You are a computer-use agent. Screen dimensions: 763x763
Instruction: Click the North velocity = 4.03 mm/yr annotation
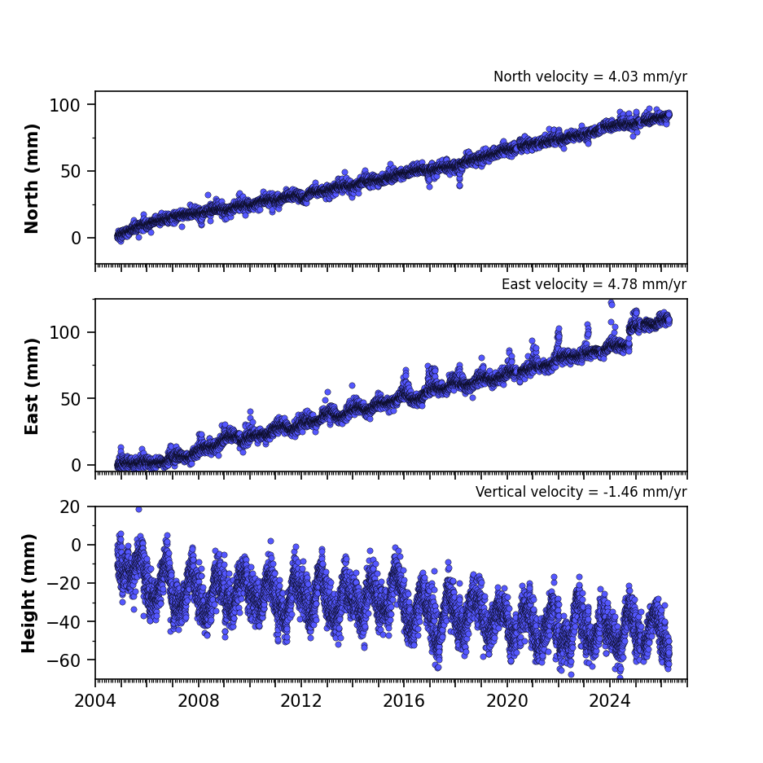(590, 77)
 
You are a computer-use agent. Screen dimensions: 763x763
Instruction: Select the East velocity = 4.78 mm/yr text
(594, 284)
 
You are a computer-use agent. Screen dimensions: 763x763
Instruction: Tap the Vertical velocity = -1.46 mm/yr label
(581, 492)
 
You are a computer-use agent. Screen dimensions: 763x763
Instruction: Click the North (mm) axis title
(31, 178)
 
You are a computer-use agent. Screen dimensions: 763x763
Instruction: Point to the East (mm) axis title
(31, 386)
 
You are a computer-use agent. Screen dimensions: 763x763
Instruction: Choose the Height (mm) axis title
(29, 593)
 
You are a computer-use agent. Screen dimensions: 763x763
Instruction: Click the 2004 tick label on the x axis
(95, 701)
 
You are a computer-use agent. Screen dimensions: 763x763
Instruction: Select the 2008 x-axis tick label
(199, 701)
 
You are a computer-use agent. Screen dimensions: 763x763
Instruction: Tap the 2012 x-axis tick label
(301, 701)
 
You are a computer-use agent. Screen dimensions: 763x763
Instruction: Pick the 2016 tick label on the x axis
(404, 701)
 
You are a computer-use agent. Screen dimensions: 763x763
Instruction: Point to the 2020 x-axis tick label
(507, 701)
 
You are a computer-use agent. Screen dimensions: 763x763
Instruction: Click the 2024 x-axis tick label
(610, 701)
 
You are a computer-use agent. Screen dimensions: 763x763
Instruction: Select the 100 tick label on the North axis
(65, 105)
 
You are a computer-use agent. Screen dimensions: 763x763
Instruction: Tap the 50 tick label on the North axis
(71, 171)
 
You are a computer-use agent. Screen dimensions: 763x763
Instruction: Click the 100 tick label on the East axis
(65, 333)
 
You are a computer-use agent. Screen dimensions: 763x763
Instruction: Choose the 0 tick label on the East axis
(76, 466)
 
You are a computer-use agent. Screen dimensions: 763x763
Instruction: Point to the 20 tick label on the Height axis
(70, 507)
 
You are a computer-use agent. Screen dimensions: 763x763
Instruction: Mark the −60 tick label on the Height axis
(64, 660)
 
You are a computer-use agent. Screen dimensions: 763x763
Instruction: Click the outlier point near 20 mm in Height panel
(138, 509)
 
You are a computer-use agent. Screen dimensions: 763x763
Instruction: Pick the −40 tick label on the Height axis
(64, 622)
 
